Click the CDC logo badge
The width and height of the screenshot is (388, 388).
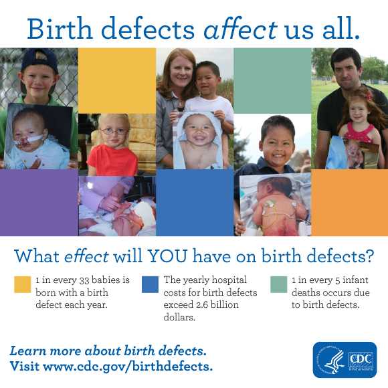[x=345, y=360]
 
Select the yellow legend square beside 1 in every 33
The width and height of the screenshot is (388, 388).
[x=23, y=285]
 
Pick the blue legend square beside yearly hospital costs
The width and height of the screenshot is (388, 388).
[x=150, y=285]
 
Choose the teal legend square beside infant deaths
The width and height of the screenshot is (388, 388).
[x=278, y=284]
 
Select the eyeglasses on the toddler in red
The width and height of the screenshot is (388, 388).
[x=114, y=130]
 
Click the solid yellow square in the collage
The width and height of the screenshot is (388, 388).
[x=116, y=80]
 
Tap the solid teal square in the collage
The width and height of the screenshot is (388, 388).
[x=272, y=80]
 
